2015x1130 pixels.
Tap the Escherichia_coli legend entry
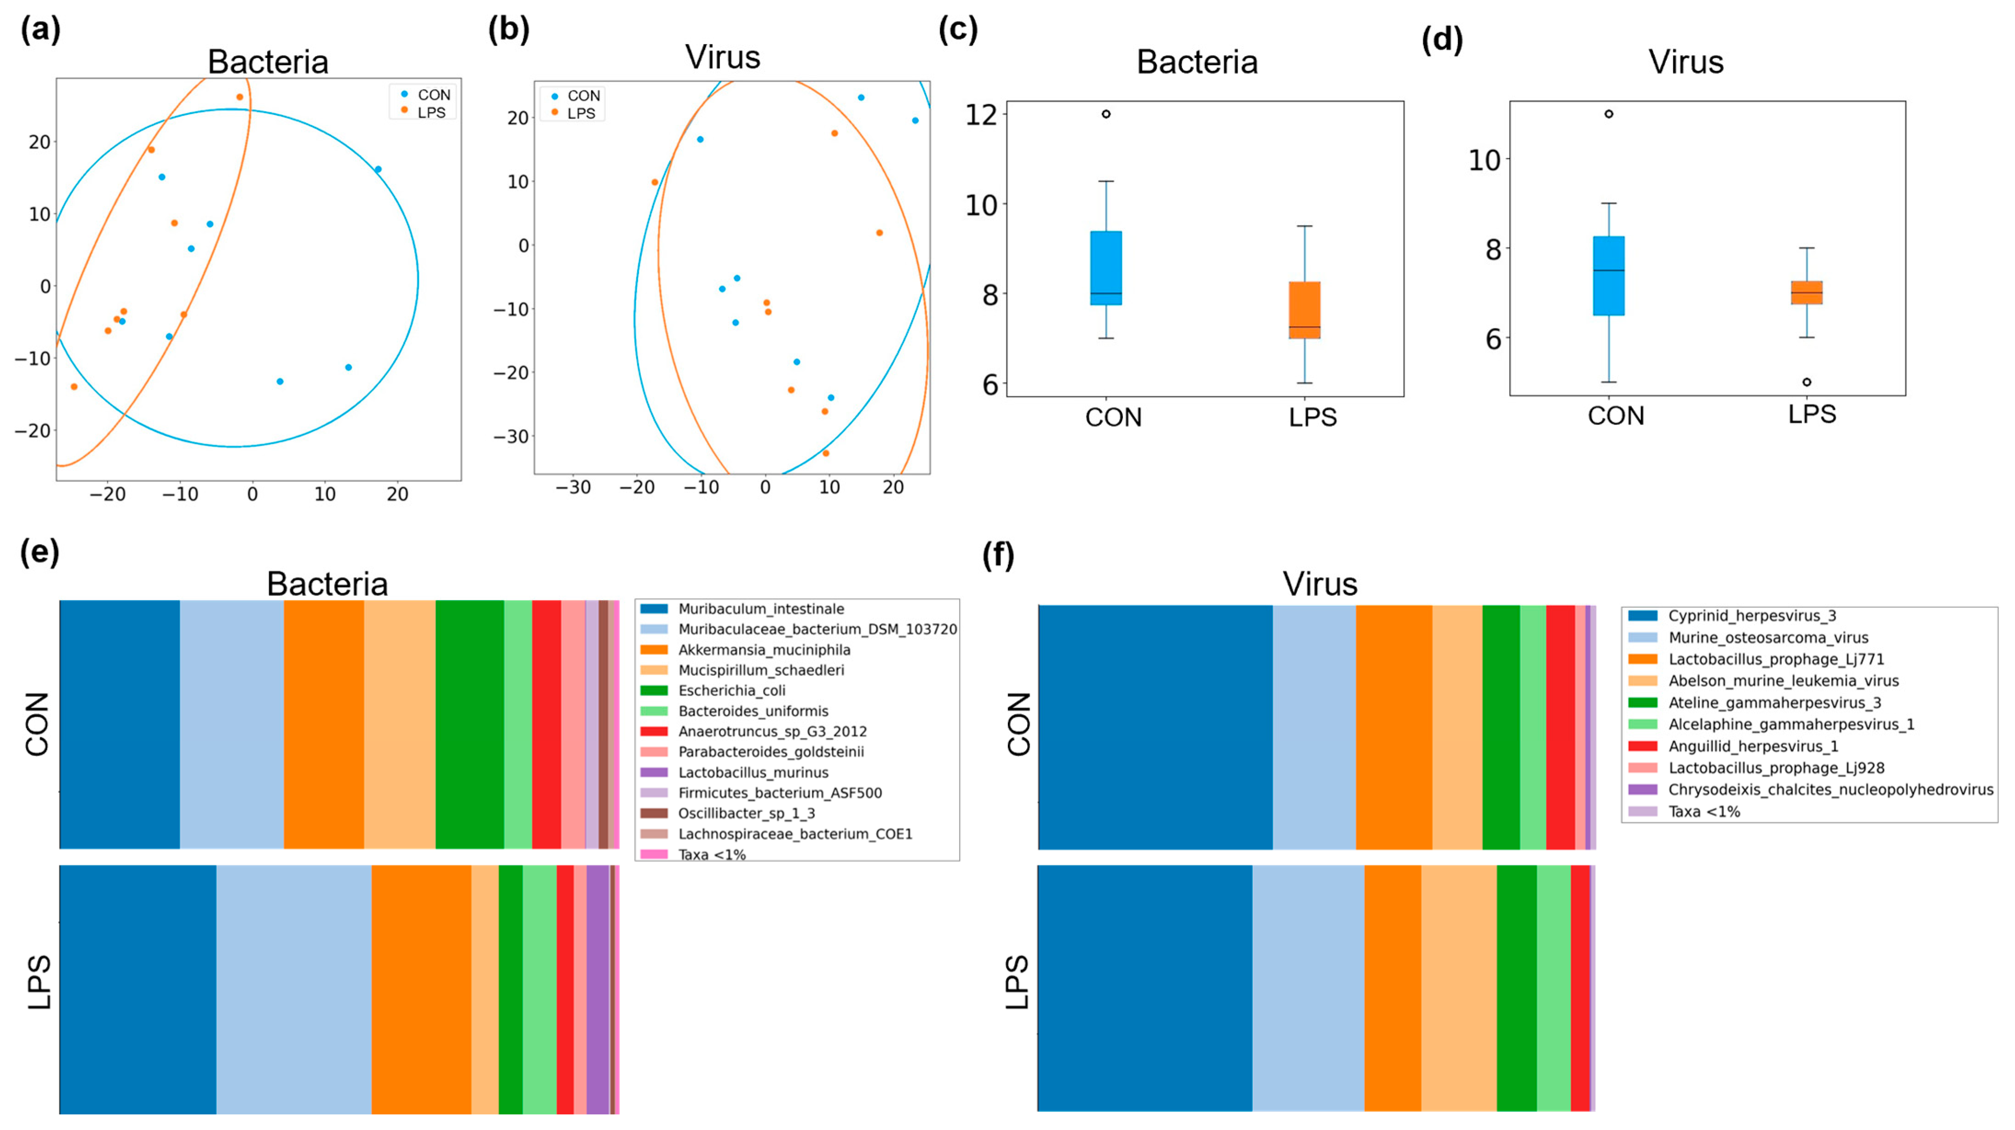(x=731, y=690)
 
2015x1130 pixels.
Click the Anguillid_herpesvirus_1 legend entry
(x=1753, y=746)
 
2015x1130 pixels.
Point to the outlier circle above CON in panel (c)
(x=1106, y=114)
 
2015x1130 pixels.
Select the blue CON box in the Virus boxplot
(x=1608, y=276)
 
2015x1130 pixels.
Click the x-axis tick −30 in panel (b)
(x=573, y=487)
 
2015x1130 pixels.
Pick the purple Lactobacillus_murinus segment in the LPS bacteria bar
(x=598, y=989)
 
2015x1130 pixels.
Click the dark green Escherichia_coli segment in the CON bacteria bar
(x=469, y=724)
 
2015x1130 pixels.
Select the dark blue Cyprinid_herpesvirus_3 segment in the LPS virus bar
(x=1145, y=988)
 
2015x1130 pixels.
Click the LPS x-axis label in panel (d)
(x=1812, y=413)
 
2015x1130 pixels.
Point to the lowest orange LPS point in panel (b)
(x=825, y=453)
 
